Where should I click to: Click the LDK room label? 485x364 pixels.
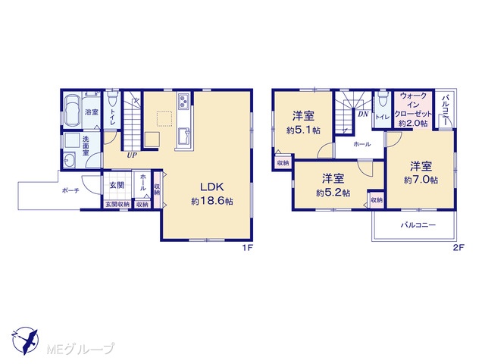212,187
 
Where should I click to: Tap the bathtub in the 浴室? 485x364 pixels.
72,110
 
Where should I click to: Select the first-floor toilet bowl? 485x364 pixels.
112,99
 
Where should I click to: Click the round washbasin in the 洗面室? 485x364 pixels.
69,161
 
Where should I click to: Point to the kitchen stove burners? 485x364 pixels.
183,100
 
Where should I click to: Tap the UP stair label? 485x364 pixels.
132,155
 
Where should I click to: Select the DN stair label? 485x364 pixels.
363,115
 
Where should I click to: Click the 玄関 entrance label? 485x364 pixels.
117,185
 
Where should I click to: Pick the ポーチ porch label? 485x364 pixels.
70,190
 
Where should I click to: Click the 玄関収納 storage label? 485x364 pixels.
117,204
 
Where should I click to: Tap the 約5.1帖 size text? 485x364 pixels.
303,130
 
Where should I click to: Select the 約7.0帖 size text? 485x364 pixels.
421,180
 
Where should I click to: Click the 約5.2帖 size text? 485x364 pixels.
333,193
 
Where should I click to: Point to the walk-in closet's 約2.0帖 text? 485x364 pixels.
413,123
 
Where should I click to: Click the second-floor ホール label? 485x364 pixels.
362,144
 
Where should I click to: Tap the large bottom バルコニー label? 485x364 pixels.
418,225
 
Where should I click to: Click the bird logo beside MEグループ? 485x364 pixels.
25,340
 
